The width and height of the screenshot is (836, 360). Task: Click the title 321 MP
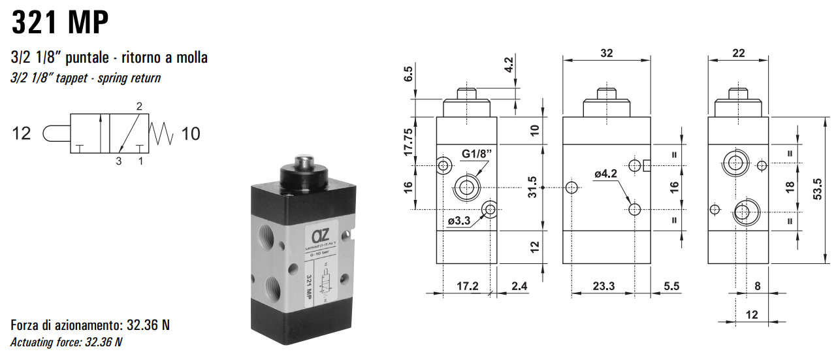pyautogui.click(x=59, y=24)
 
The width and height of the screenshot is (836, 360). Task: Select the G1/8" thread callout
pyautogui.click(x=476, y=154)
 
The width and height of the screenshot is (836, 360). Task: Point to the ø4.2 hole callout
pyautogui.click(x=605, y=174)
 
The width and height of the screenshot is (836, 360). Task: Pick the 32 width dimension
pyautogui.click(x=607, y=53)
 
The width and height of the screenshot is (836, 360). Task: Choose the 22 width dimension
pyautogui.click(x=739, y=53)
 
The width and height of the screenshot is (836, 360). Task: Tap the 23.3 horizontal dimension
pyautogui.click(x=602, y=286)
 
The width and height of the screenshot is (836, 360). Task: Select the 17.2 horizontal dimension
pyautogui.click(x=467, y=286)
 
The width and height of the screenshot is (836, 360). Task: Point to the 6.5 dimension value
pyautogui.click(x=409, y=73)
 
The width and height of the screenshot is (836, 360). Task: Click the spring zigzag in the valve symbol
pyautogui.click(x=162, y=133)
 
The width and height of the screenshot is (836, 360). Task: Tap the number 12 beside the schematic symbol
pyautogui.click(x=22, y=134)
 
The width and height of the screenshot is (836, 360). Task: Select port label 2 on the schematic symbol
pyautogui.click(x=138, y=106)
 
